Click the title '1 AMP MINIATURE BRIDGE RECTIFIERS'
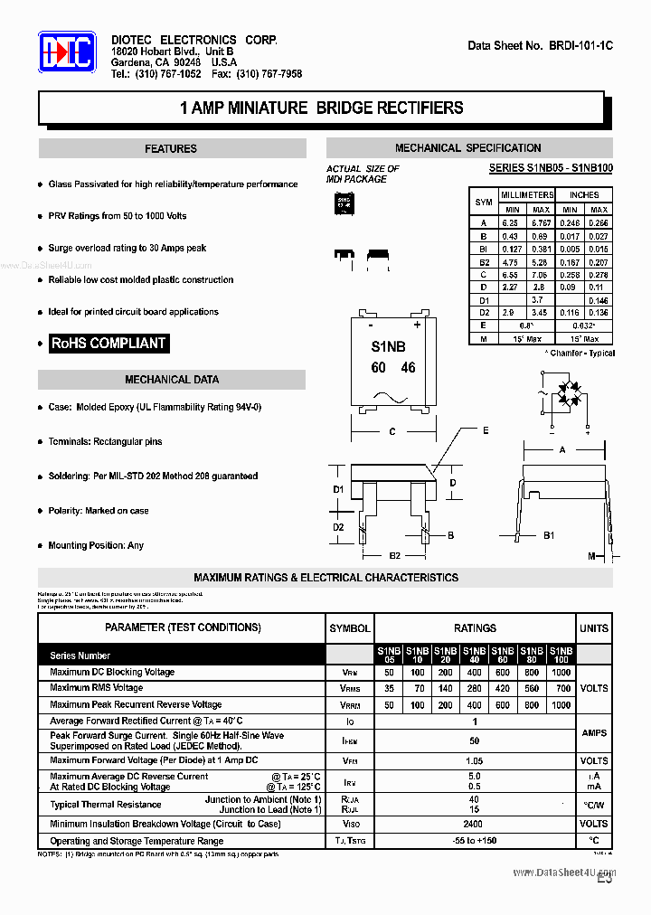click(x=322, y=108)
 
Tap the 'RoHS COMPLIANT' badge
click(x=108, y=344)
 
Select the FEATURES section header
click(x=171, y=149)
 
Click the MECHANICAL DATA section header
click(x=171, y=380)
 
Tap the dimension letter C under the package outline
click(x=392, y=432)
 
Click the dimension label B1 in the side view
click(x=548, y=536)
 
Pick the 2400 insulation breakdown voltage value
click(x=475, y=825)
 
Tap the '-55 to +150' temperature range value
click(x=475, y=841)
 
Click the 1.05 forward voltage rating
click(x=475, y=761)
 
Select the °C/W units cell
click(x=593, y=805)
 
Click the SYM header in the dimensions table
click(x=484, y=203)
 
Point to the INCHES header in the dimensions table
click(x=584, y=195)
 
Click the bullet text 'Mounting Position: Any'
click(x=96, y=545)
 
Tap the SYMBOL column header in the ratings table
click(x=349, y=627)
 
